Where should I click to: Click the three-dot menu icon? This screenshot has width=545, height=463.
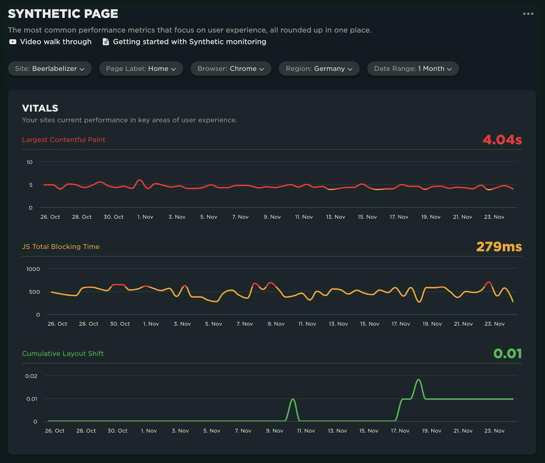[528, 14]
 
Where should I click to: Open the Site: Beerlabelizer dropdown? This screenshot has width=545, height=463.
[50, 69]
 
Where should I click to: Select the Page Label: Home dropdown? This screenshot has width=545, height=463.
[141, 69]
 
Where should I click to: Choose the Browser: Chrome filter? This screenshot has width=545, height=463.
[231, 69]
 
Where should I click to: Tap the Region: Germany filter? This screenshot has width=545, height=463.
[319, 69]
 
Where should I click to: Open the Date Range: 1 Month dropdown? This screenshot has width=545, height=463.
[413, 69]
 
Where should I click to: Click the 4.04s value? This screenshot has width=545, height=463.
[502, 140]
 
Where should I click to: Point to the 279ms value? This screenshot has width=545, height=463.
[499, 247]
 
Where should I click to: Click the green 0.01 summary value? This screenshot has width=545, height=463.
[507, 354]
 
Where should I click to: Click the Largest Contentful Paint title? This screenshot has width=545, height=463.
[63, 140]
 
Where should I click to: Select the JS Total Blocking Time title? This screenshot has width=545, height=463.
[60, 247]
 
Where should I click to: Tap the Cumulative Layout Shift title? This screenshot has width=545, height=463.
[63, 354]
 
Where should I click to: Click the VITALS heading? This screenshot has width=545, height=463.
[40, 108]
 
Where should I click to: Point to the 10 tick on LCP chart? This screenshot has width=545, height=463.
[29, 162]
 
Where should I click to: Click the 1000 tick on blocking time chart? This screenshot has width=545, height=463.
[33, 269]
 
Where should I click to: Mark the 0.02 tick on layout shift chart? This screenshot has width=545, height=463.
[31, 376]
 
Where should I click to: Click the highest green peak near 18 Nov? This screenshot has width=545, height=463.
[418, 380]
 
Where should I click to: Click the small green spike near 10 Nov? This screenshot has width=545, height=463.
[293, 399]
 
